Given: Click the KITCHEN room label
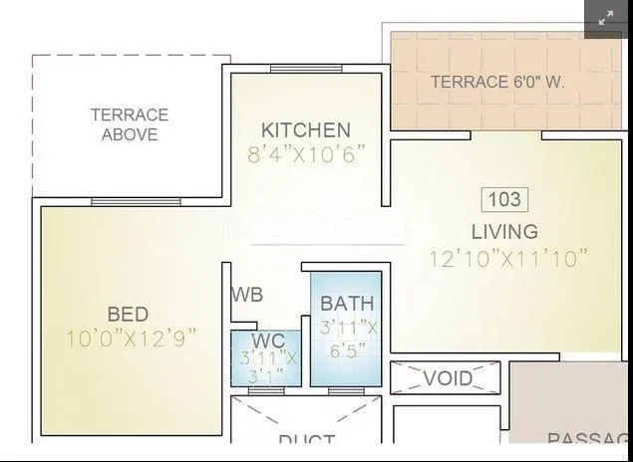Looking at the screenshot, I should pos(306,130).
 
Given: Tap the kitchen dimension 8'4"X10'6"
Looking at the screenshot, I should pos(306,154).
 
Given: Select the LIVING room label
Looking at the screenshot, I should pos(504,232).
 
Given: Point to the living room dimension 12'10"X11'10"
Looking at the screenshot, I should pos(508,258).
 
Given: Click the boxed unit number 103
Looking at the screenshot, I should pos(504,199).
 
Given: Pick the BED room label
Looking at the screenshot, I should pos(130,313).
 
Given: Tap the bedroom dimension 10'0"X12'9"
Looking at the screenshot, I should pos(130,338).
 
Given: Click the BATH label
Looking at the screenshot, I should pos(348,304).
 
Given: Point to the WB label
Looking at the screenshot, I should pos(247,296).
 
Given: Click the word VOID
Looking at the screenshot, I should pos(448,378).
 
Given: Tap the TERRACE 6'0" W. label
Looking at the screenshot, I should pos(497,83).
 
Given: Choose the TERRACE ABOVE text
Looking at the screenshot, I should pos(130,124).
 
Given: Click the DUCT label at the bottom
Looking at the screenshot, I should pos(306,442).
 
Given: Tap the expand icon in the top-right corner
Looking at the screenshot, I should pos(606,19).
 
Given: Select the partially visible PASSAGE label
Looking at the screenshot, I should pos(588,440).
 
